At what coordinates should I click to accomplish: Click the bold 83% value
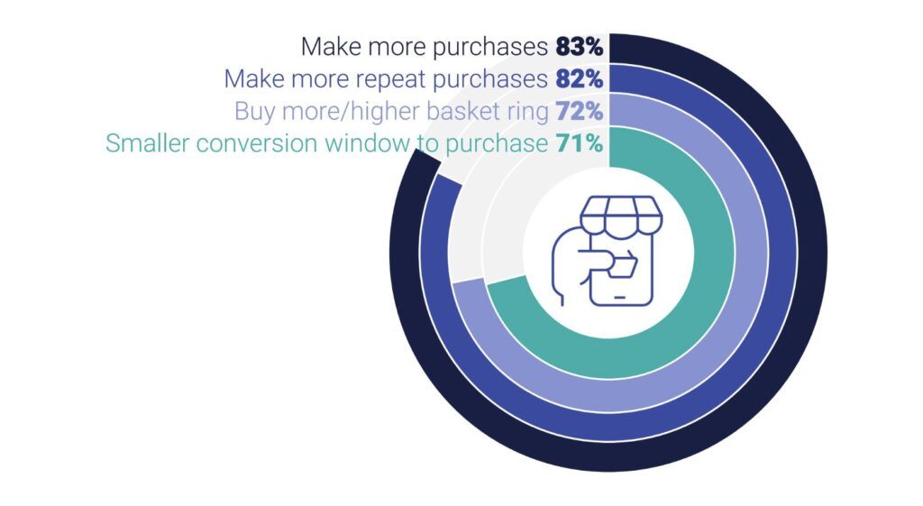point(580,47)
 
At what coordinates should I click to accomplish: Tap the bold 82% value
point(580,79)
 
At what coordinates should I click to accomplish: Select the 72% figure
point(580,111)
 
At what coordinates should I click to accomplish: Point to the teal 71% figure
point(580,143)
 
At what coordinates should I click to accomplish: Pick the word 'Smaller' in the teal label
point(147,143)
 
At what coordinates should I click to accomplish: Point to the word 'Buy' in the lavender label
point(255,112)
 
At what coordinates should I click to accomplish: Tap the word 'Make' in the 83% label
point(326,47)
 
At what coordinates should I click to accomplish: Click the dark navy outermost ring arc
point(812,253)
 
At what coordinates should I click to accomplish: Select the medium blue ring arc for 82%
point(783,253)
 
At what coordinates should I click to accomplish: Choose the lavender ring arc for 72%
point(754,253)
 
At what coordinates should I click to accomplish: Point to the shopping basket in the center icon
point(624,266)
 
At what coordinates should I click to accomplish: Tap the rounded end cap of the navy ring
point(427,161)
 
